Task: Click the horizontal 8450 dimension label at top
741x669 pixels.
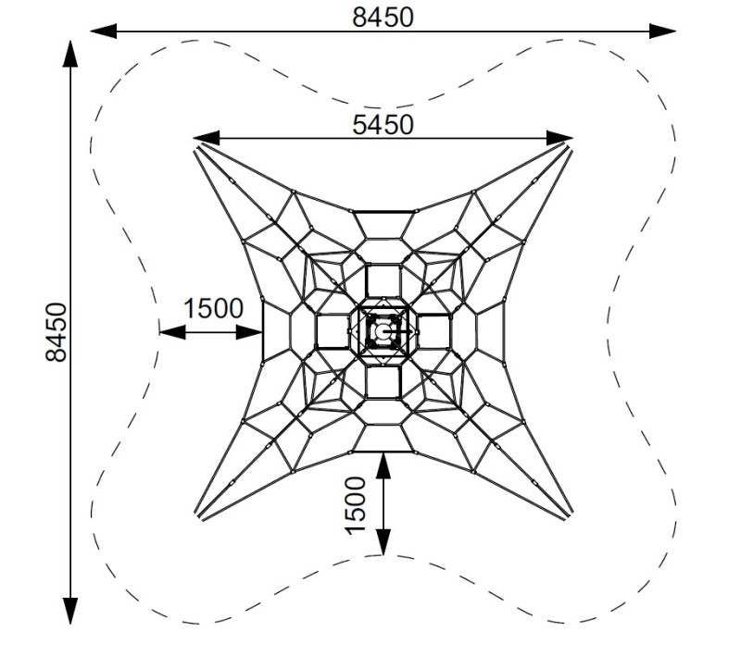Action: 383,18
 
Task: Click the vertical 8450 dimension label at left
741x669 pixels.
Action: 57,332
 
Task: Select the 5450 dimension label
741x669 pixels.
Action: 383,125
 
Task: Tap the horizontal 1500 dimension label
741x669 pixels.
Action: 213,308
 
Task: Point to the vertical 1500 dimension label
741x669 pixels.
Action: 356,505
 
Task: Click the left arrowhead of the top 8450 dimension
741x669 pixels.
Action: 103,31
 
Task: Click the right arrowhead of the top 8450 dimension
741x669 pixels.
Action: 662,31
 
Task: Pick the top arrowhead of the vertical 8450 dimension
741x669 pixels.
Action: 70,54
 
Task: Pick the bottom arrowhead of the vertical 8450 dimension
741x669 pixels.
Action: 70,611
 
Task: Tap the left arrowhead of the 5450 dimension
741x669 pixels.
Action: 206,138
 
